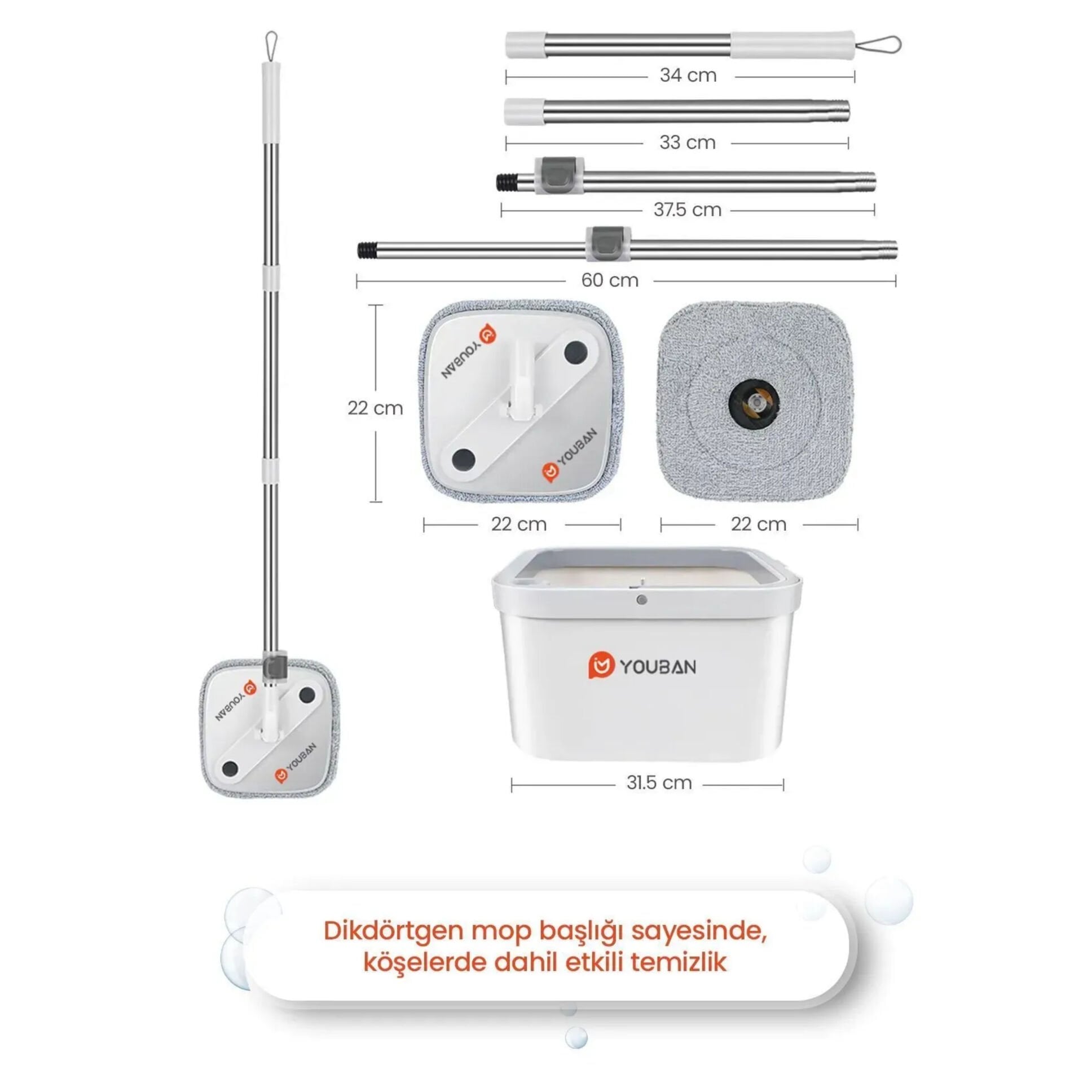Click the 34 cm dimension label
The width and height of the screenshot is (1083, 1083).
(x=688, y=75)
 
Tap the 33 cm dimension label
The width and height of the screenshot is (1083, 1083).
(x=688, y=142)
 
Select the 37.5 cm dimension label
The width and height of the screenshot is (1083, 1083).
(x=688, y=210)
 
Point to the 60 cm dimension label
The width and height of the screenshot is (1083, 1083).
(x=610, y=280)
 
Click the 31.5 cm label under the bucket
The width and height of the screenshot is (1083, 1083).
(x=659, y=782)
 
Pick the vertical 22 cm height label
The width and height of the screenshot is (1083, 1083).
(x=375, y=408)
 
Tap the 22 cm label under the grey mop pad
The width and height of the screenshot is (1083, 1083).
(x=759, y=524)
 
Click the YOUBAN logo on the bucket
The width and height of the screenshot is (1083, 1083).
(x=642, y=666)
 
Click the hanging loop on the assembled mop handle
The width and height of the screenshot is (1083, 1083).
(x=271, y=47)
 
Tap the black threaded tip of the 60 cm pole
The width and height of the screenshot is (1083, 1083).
(x=367, y=249)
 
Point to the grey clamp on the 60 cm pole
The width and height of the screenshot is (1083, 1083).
(x=608, y=244)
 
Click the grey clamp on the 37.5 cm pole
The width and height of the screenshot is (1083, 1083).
(x=556, y=175)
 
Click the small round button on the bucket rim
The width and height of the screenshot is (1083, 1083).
(x=641, y=600)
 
